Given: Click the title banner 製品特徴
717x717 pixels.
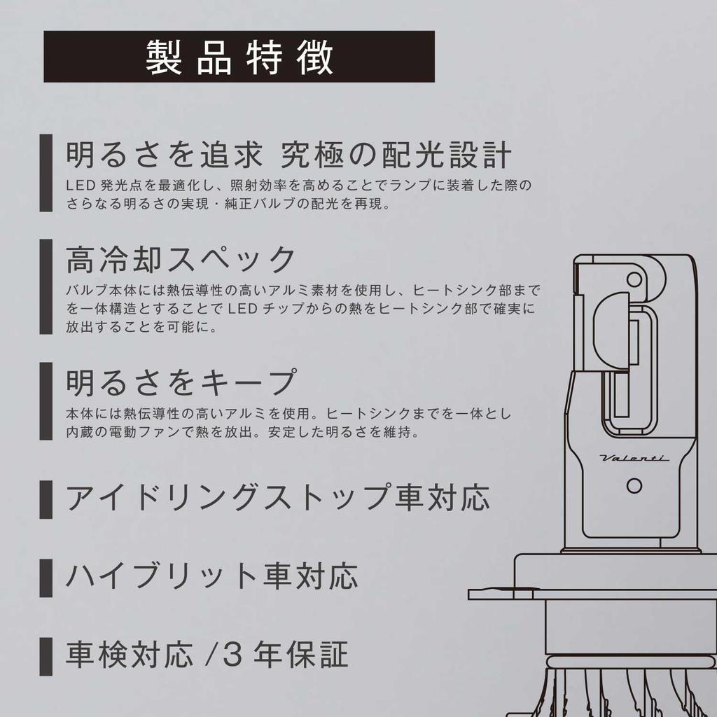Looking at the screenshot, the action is coord(239,57).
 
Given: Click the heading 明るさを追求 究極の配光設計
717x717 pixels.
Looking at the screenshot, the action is coord(288,155).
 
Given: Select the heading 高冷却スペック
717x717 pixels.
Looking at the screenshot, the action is coord(181,259).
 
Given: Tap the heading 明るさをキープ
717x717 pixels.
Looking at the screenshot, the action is coord(181,382).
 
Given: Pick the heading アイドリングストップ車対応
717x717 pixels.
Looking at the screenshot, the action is coord(278,497).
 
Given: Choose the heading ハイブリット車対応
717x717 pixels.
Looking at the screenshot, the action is coord(211,576).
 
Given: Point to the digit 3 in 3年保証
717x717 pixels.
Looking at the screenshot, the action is coord(232,655).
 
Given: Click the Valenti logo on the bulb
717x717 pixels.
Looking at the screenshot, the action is coord(634,458).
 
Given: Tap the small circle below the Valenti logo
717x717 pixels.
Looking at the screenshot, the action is coord(634,486).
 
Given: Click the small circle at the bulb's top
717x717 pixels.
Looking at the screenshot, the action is coord(634,279).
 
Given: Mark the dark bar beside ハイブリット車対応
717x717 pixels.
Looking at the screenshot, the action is coord(46,578).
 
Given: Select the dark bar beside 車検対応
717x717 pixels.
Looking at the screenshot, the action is coord(46,657).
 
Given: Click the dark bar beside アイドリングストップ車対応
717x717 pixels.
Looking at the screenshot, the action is coord(46,499).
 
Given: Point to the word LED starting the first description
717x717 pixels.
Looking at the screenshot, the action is coord(81,185).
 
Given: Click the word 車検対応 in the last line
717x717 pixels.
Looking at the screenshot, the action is coord(130,655).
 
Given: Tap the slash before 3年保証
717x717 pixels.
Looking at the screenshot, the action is coord(211,655).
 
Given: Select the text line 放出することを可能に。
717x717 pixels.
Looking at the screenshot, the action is coord(141,327).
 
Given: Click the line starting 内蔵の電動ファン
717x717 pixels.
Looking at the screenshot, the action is coord(243,432).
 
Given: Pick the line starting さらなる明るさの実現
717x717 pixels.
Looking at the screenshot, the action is coord(229,204).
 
